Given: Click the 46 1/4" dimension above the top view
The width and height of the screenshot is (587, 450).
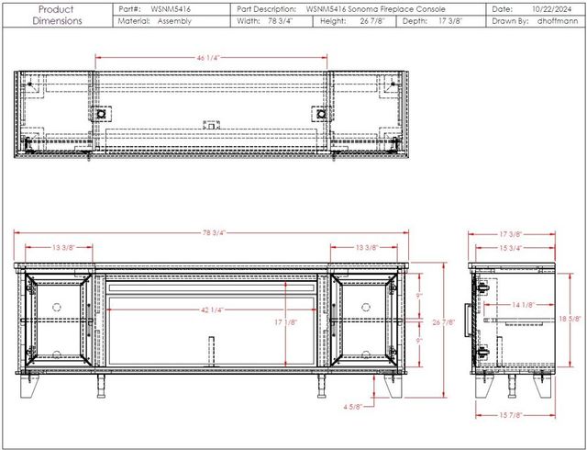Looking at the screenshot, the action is (x=207, y=58).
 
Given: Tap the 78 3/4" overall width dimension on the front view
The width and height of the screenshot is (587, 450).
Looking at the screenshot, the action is (x=214, y=233).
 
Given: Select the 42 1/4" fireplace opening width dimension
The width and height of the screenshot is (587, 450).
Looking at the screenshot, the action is (x=212, y=309).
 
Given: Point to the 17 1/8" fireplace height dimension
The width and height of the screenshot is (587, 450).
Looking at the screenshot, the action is (x=286, y=322).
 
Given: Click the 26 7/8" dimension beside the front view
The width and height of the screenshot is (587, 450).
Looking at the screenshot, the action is (x=444, y=322).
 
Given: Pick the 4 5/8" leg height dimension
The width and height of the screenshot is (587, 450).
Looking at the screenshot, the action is (x=352, y=406).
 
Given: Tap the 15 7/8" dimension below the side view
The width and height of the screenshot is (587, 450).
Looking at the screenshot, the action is (x=511, y=415).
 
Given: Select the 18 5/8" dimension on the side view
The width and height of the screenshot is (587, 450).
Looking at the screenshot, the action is (x=570, y=319).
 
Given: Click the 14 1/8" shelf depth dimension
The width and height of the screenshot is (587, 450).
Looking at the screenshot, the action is (x=524, y=305).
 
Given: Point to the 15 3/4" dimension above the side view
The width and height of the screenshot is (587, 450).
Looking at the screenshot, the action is (x=511, y=248).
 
